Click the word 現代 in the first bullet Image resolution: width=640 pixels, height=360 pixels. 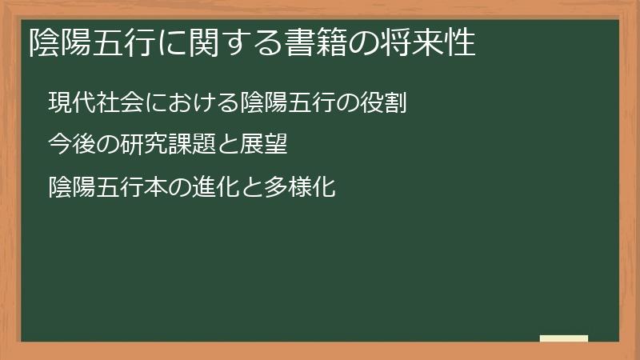[67, 103]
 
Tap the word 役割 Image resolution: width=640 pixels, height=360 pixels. [392, 103]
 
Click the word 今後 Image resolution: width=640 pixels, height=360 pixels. [67, 146]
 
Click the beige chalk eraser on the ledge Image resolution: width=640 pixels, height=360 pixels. [564, 338]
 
